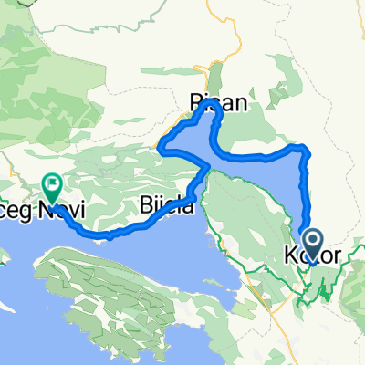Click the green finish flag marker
click(x=52, y=188)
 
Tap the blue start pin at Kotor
click(x=312, y=243)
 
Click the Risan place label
click(x=218, y=104)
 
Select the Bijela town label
click(x=168, y=206)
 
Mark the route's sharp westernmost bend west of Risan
click(x=162, y=145)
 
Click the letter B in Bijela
click(x=147, y=206)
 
